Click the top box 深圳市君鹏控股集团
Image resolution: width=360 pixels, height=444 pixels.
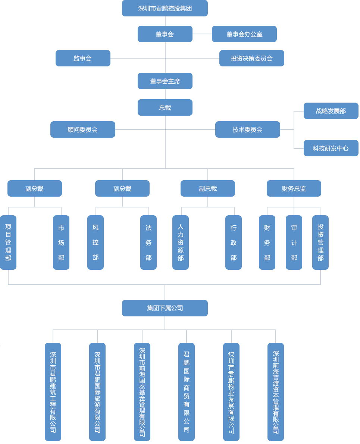pyautogui.click(x=165, y=8)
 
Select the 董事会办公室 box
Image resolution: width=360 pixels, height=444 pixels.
pyautogui.click(x=244, y=34)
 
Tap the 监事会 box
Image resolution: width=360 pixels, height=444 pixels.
pyautogui.click(x=83, y=58)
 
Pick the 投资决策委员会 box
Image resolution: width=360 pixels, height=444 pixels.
pyautogui.click(x=251, y=58)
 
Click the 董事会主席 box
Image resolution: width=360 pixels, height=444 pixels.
pyautogui.click(x=165, y=81)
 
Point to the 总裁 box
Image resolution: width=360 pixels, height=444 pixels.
pyautogui.click(x=165, y=107)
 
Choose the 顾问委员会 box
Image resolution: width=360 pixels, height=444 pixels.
pyautogui.click(x=82, y=129)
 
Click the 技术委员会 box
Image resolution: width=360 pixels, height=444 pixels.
pyautogui.click(x=247, y=129)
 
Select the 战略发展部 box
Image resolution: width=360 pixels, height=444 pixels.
pyautogui.click(x=331, y=111)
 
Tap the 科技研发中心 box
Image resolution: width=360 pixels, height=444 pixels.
pyautogui.click(x=331, y=148)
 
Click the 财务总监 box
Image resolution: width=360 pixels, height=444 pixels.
pyautogui.click(x=294, y=188)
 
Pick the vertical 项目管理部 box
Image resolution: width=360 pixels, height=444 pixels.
pyautogui.click(x=8, y=242)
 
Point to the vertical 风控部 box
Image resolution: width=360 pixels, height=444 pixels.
pyautogui.click(x=96, y=242)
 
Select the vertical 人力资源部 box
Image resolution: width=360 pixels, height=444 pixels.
pyautogui.click(x=181, y=242)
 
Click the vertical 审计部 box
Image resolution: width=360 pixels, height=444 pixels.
pyautogui.click(x=294, y=242)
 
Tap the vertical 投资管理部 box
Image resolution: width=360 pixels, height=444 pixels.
pyautogui.click(x=320, y=242)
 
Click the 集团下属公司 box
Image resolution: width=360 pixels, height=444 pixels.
pyautogui.click(x=165, y=308)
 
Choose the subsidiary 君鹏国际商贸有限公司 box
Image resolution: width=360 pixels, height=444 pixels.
pyautogui.click(x=187, y=392)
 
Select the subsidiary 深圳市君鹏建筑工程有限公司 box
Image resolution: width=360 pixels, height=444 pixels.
pyautogui.click(x=53, y=392)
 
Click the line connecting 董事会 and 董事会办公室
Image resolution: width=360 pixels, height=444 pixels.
pyautogui.click(x=202, y=34)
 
